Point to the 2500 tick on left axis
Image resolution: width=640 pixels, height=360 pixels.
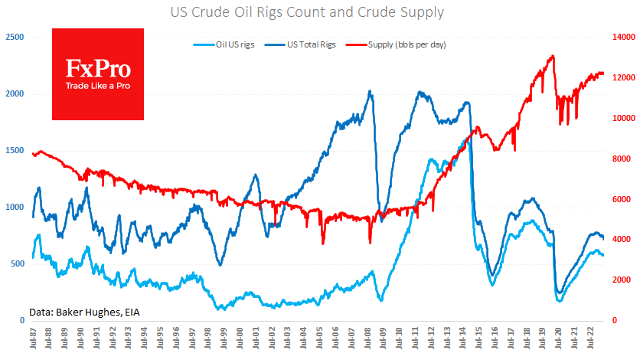[x=14, y=37]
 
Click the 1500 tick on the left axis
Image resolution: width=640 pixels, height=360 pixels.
[x=14, y=150]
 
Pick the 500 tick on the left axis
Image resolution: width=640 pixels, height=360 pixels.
[x=17, y=263]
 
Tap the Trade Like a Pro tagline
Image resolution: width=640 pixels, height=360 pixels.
[x=97, y=86]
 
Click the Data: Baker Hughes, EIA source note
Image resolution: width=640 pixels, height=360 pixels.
[x=84, y=312]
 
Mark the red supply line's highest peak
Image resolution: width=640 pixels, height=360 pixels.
[x=553, y=56]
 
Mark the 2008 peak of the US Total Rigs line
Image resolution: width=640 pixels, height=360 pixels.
[x=371, y=92]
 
